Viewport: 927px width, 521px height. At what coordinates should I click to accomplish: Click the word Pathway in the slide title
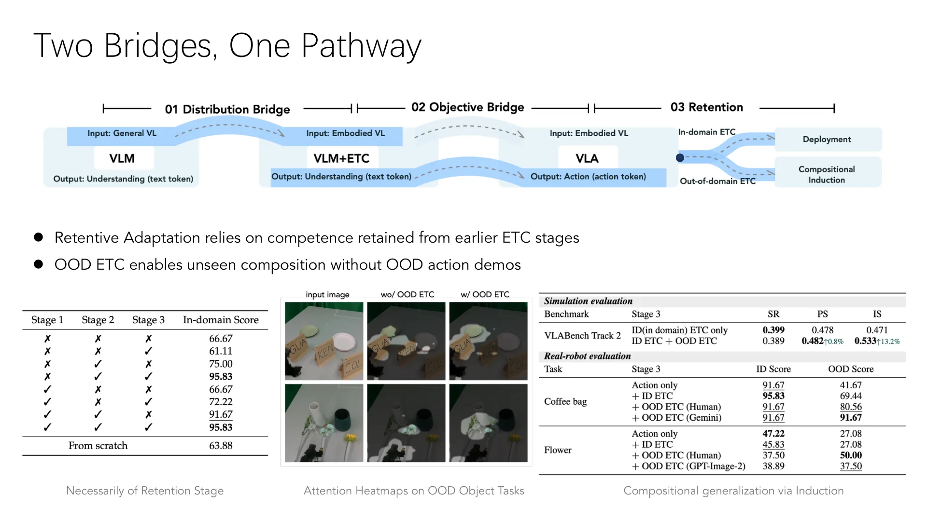coord(361,46)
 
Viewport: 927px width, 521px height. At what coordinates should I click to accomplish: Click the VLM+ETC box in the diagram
coord(341,158)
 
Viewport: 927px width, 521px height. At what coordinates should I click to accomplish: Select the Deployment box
coord(828,139)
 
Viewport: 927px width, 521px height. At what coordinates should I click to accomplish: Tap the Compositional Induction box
coord(828,174)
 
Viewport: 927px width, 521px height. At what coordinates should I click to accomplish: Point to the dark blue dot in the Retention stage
coord(680,158)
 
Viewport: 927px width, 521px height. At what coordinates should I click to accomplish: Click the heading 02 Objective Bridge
coord(467,107)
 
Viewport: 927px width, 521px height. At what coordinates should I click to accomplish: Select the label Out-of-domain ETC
coord(717,181)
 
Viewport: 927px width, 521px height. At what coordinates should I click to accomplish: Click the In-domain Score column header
coord(221,320)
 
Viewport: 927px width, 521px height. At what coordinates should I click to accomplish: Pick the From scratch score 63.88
coord(221,446)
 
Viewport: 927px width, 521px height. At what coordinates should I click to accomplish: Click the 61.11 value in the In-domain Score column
coord(221,351)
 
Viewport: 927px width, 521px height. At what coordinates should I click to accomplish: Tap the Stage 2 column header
coord(98,320)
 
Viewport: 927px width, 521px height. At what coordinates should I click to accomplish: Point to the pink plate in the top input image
coord(344,342)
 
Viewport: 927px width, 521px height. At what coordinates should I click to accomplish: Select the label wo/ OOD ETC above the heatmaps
coord(407,294)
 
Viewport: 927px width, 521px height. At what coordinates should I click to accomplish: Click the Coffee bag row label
coord(565,401)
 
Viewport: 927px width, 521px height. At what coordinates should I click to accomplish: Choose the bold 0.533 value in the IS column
coord(865,341)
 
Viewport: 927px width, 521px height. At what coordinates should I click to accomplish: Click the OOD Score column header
coord(851,369)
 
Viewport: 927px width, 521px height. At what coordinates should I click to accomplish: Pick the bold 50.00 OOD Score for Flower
coord(851,455)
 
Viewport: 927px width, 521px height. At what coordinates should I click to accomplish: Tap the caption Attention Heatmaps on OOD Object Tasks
coord(414,491)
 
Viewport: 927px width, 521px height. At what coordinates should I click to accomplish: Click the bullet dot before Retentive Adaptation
coord(39,237)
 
